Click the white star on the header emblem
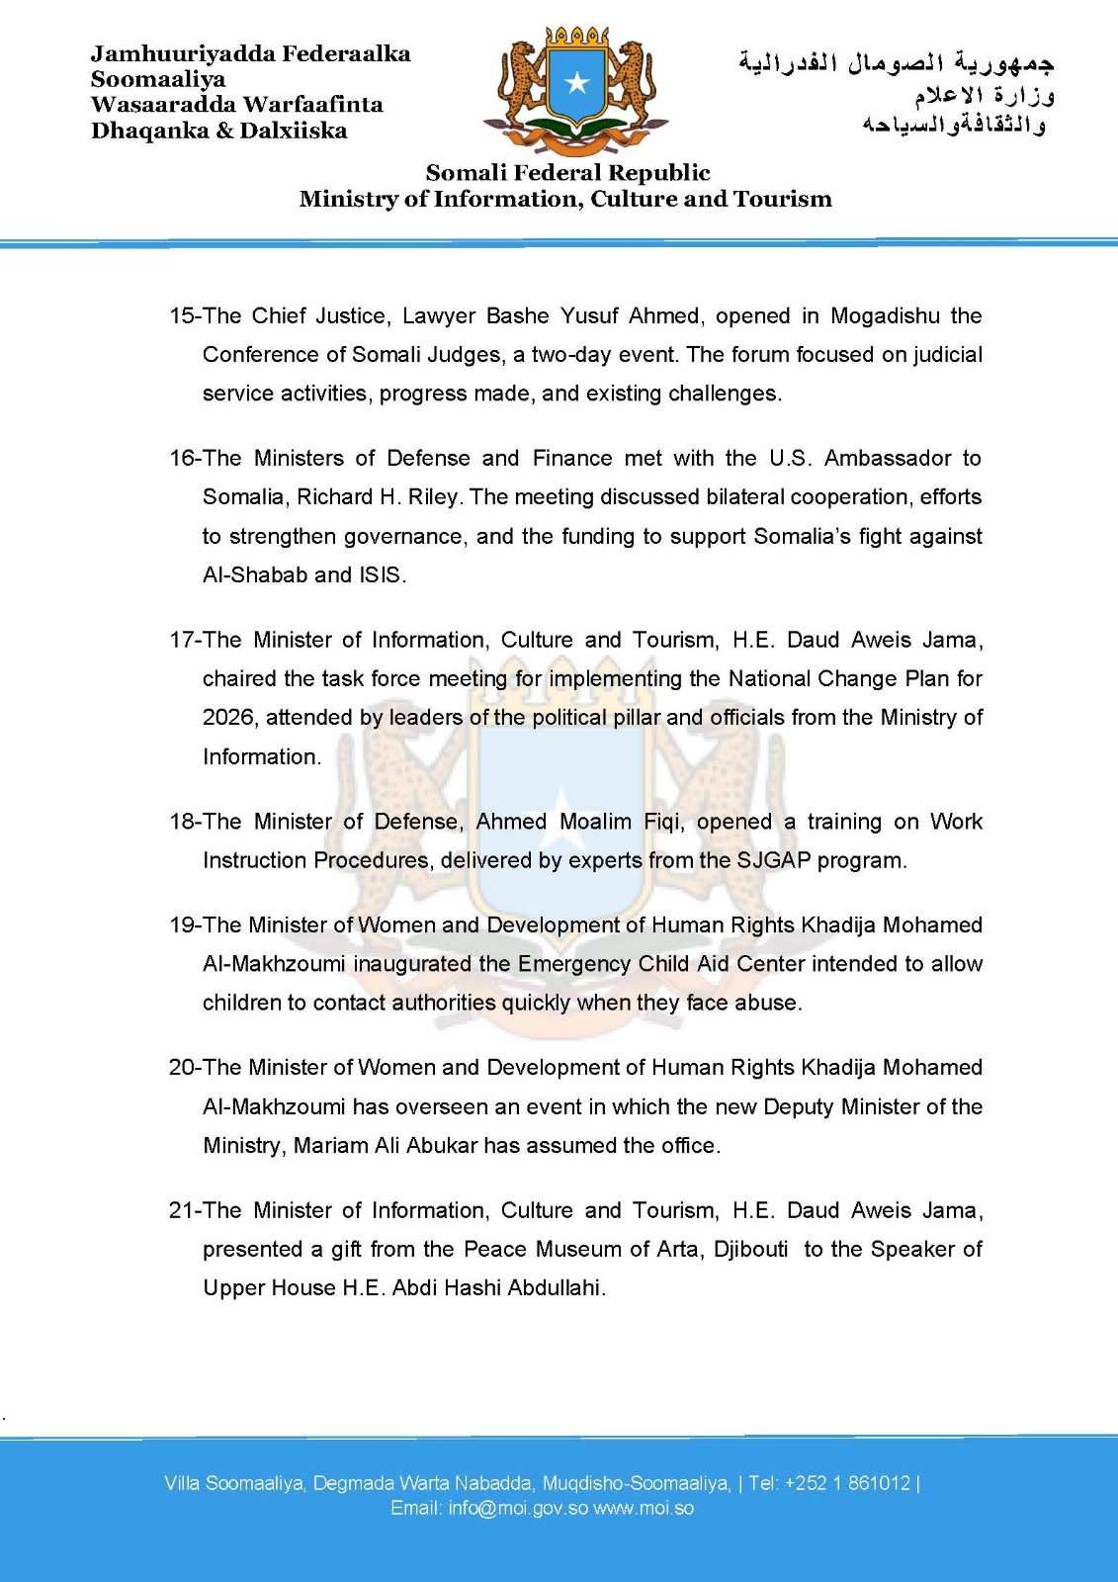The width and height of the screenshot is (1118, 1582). pos(576,83)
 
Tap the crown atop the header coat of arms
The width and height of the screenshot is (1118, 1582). pos(576,37)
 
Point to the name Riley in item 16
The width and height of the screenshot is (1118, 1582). pos(433,497)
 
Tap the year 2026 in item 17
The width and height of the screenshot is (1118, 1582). pos(228,718)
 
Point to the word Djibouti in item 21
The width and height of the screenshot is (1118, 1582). pos(751,1250)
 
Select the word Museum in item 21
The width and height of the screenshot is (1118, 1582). pos(574,1250)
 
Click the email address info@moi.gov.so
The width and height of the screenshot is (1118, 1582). pos(518,1509)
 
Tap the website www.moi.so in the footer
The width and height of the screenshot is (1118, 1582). pos(644,1509)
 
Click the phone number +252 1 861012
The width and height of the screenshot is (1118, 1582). pos(847,1483)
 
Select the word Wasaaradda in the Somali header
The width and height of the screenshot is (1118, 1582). pos(163,105)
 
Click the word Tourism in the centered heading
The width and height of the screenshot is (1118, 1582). pos(782,199)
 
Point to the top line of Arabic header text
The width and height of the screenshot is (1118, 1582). pos(897,63)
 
